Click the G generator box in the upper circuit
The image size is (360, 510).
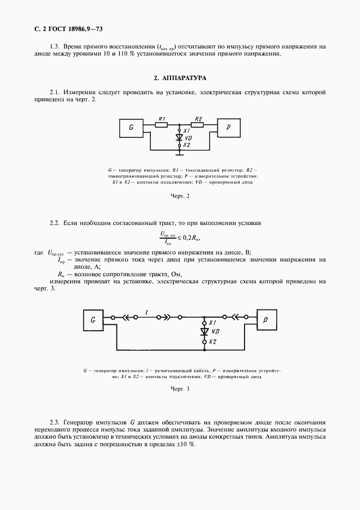132,128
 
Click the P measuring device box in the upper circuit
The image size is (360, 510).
229,127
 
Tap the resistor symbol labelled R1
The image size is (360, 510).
161,125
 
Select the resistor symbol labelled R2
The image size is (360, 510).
198,125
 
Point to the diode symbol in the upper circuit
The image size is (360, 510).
179,138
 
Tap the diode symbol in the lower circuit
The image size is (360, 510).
204,331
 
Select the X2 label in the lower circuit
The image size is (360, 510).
213,341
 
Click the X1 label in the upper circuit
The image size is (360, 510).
187,131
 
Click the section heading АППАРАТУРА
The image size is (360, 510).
180,78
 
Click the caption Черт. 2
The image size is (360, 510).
180,196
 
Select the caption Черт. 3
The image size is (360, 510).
180,389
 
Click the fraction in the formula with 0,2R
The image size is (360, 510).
166,237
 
